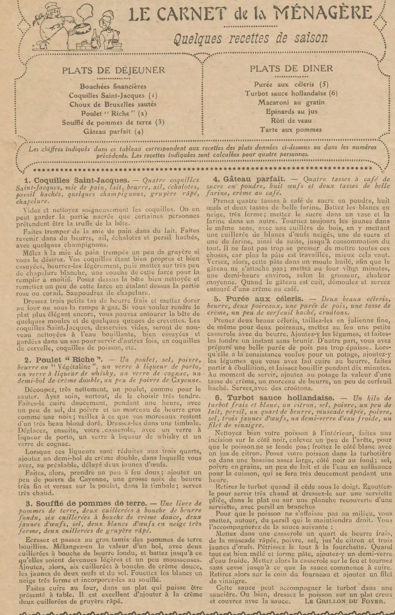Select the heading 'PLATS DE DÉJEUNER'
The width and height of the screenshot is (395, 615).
(x=113, y=70)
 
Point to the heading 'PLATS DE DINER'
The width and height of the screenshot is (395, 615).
(x=291, y=68)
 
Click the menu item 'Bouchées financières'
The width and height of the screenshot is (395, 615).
(x=113, y=86)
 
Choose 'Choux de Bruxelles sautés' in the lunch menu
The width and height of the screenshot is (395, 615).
(x=113, y=104)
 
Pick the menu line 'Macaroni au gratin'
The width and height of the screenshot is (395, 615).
(x=291, y=102)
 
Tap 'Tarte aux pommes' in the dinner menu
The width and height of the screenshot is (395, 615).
(x=291, y=130)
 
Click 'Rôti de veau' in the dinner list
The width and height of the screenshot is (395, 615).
(x=291, y=120)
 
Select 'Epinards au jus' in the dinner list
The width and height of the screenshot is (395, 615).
(x=291, y=111)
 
